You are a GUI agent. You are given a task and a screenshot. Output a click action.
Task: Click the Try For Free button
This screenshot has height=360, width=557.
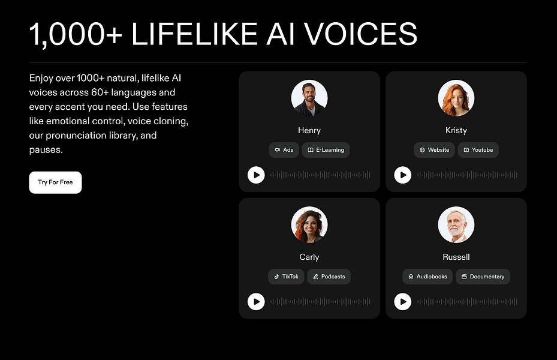(x=55, y=182)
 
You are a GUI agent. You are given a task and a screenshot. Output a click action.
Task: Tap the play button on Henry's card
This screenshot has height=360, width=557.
(x=256, y=175)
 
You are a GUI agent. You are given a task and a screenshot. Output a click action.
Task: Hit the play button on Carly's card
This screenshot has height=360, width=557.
(x=256, y=302)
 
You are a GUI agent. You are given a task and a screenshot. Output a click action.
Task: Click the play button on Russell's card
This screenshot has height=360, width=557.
(x=403, y=302)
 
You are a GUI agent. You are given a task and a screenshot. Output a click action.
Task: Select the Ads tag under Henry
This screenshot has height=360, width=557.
(x=284, y=150)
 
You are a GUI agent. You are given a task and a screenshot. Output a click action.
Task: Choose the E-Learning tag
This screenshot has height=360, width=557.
(x=326, y=150)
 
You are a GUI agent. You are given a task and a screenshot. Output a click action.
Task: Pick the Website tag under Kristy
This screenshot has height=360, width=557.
(x=434, y=150)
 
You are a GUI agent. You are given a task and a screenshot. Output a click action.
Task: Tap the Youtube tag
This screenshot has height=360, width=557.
(x=478, y=150)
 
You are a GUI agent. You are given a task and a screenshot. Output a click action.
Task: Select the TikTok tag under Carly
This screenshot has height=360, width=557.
(x=286, y=277)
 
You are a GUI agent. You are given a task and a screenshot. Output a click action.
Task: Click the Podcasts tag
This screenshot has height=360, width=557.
(x=329, y=277)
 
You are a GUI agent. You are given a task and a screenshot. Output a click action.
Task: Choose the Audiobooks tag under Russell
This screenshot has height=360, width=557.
(x=427, y=277)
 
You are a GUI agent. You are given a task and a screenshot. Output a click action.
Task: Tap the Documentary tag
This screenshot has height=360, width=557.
(x=483, y=277)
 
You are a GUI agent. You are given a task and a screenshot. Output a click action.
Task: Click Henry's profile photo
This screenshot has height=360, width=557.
(x=309, y=98)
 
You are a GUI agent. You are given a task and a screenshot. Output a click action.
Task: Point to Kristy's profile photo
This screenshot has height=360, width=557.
(x=456, y=98)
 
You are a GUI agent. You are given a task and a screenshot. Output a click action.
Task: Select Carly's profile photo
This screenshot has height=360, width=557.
(x=309, y=225)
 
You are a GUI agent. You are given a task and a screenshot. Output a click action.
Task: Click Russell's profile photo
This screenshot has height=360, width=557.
(x=456, y=225)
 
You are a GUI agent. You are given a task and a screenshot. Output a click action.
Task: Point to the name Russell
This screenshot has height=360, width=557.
(x=456, y=257)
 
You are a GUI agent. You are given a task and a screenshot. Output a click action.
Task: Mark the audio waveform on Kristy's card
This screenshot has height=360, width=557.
(x=467, y=175)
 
